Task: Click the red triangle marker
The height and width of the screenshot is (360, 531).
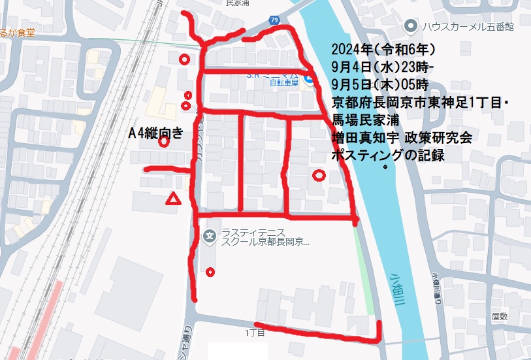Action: pyautogui.click(x=173, y=199)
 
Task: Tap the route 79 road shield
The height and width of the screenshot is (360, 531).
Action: pyautogui.click(x=274, y=21)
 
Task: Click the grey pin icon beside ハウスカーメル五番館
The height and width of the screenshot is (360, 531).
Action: pyautogui.click(x=410, y=27)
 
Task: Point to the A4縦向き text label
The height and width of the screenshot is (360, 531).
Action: pyautogui.click(x=155, y=133)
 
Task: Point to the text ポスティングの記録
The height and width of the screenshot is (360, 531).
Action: pyautogui.click(x=388, y=155)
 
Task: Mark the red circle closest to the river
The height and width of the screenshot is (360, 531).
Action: pyautogui.click(x=319, y=175)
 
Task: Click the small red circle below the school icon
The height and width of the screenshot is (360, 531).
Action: pyautogui.click(x=210, y=272)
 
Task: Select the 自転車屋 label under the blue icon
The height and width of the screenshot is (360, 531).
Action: pyautogui.click(x=284, y=83)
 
